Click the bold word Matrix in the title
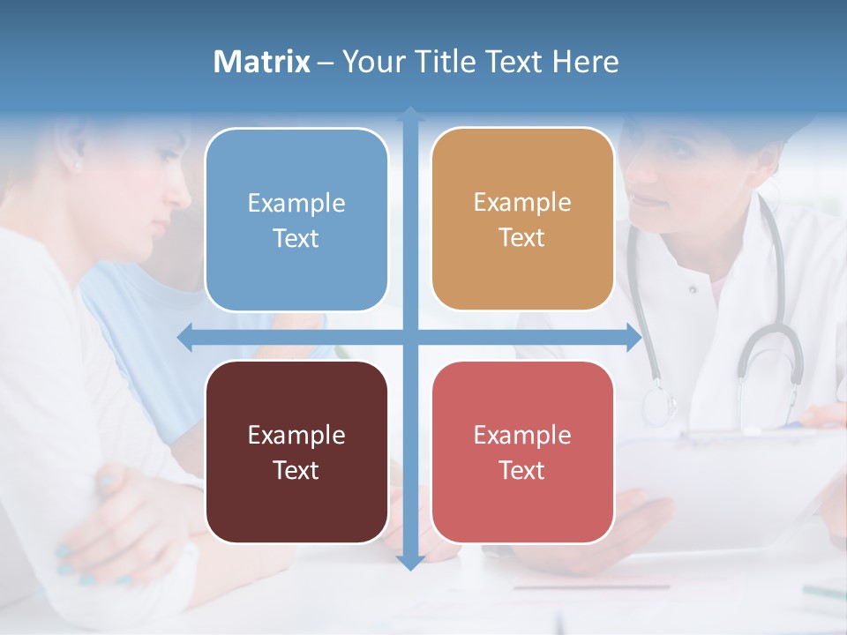point(262,62)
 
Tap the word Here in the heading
point(586,62)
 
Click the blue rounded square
point(296,220)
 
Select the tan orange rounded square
point(522,220)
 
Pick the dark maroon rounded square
point(296,452)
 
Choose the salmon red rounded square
point(522,452)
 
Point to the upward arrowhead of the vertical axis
point(410,115)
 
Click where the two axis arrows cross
point(410,337)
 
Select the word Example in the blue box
point(296,204)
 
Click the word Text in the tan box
point(522,238)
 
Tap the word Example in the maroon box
point(296,436)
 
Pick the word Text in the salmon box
point(522,470)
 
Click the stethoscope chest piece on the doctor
point(658,405)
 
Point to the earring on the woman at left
point(77,165)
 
